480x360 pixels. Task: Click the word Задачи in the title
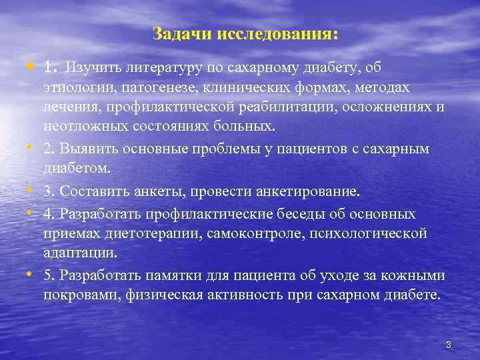[174, 33]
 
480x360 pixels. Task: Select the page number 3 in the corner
[449, 345]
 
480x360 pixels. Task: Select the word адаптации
[79, 253]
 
